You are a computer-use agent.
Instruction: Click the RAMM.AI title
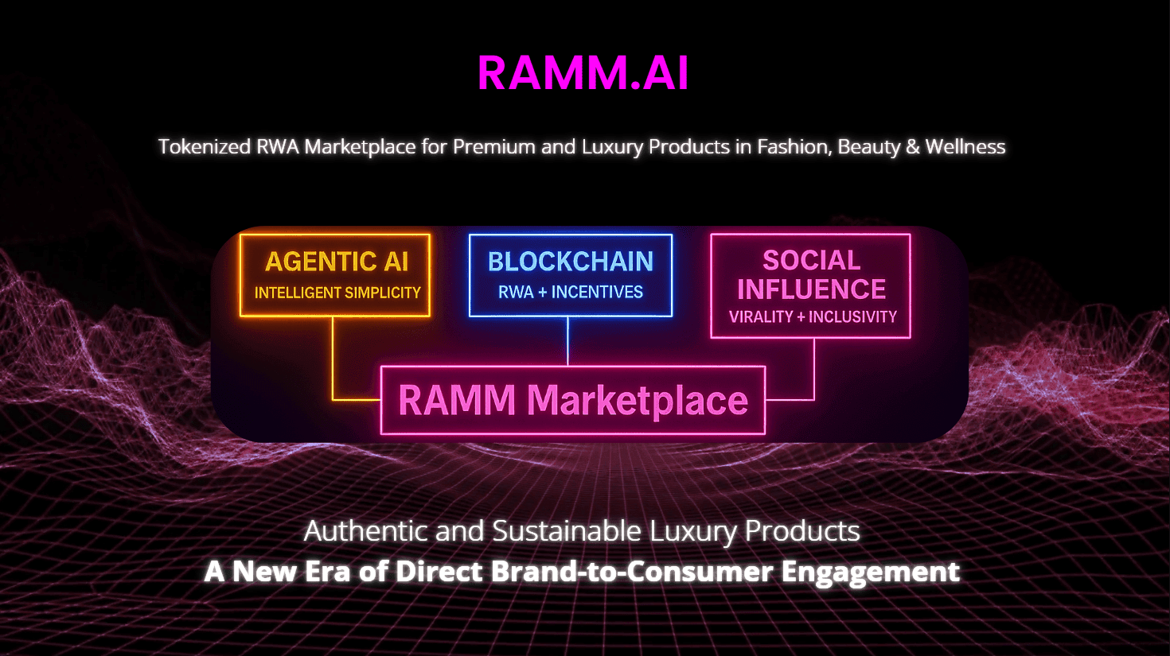583,73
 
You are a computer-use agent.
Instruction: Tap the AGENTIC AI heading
337,262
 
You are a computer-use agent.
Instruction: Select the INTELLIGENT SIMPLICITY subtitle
337,293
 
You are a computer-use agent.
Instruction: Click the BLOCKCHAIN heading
571,262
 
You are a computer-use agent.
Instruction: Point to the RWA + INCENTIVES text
571,293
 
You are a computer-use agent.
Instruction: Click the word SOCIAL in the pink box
811,261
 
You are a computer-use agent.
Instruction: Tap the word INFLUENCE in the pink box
811,289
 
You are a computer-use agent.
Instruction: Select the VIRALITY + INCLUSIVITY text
813,316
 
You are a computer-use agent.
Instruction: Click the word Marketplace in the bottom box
638,401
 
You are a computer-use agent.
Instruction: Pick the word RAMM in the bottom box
457,400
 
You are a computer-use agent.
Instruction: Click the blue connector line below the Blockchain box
567,341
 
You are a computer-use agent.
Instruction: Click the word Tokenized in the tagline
205,146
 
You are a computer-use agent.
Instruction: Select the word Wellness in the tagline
965,146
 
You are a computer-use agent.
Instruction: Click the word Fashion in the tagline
794,147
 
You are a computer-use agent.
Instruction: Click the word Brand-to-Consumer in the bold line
632,571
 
